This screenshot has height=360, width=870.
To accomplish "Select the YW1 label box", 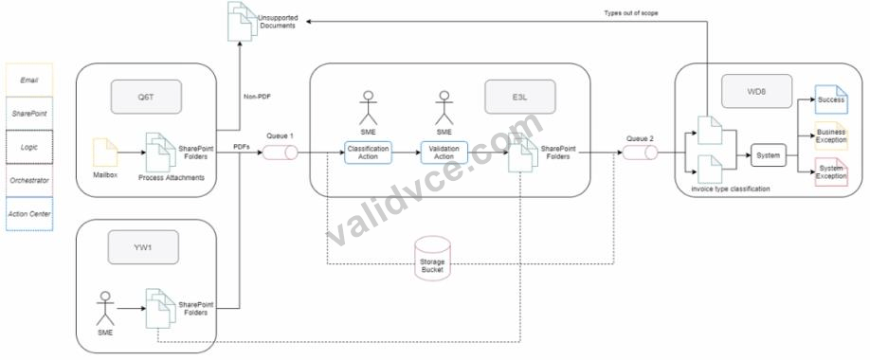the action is point(143,247).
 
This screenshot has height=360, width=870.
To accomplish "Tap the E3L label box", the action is point(519,97).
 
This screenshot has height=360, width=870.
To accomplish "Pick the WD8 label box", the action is point(757,91).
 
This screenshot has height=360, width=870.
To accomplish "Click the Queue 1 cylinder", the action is point(280,152).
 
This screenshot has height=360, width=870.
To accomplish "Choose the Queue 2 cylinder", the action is point(641,152).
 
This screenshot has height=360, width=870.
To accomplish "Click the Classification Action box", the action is point(369,153).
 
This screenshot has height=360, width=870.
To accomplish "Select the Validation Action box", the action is point(444,153).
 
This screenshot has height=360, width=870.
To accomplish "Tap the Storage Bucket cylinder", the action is point(433,257).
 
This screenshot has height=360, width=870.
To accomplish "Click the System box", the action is point(769,155).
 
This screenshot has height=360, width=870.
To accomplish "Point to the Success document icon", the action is point(831,99).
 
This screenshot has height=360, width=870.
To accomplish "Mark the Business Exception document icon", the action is point(831,135).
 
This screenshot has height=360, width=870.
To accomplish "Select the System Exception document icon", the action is point(831,172).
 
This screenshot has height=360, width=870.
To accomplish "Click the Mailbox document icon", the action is point(105,153).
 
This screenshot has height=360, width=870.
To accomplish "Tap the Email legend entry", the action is point(28,80).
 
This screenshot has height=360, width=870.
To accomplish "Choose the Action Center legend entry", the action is point(28,213).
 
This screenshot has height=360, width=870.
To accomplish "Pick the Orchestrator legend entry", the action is point(28,180).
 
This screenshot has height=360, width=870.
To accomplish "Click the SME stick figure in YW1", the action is point(105,309).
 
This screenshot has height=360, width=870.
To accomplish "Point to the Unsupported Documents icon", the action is point(242,21).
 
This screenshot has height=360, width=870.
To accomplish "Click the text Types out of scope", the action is point(631,12).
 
